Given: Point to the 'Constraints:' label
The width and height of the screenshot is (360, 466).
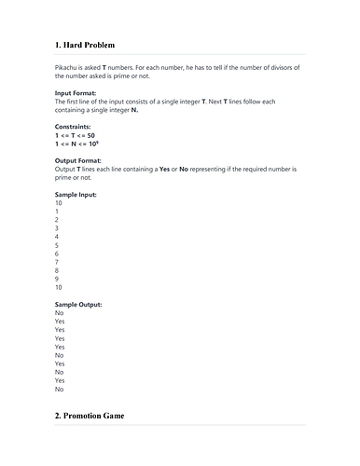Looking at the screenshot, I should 75,127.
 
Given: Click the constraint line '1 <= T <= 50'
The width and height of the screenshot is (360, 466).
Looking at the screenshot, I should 76,135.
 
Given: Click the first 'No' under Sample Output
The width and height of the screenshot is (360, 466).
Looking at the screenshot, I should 60,313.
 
